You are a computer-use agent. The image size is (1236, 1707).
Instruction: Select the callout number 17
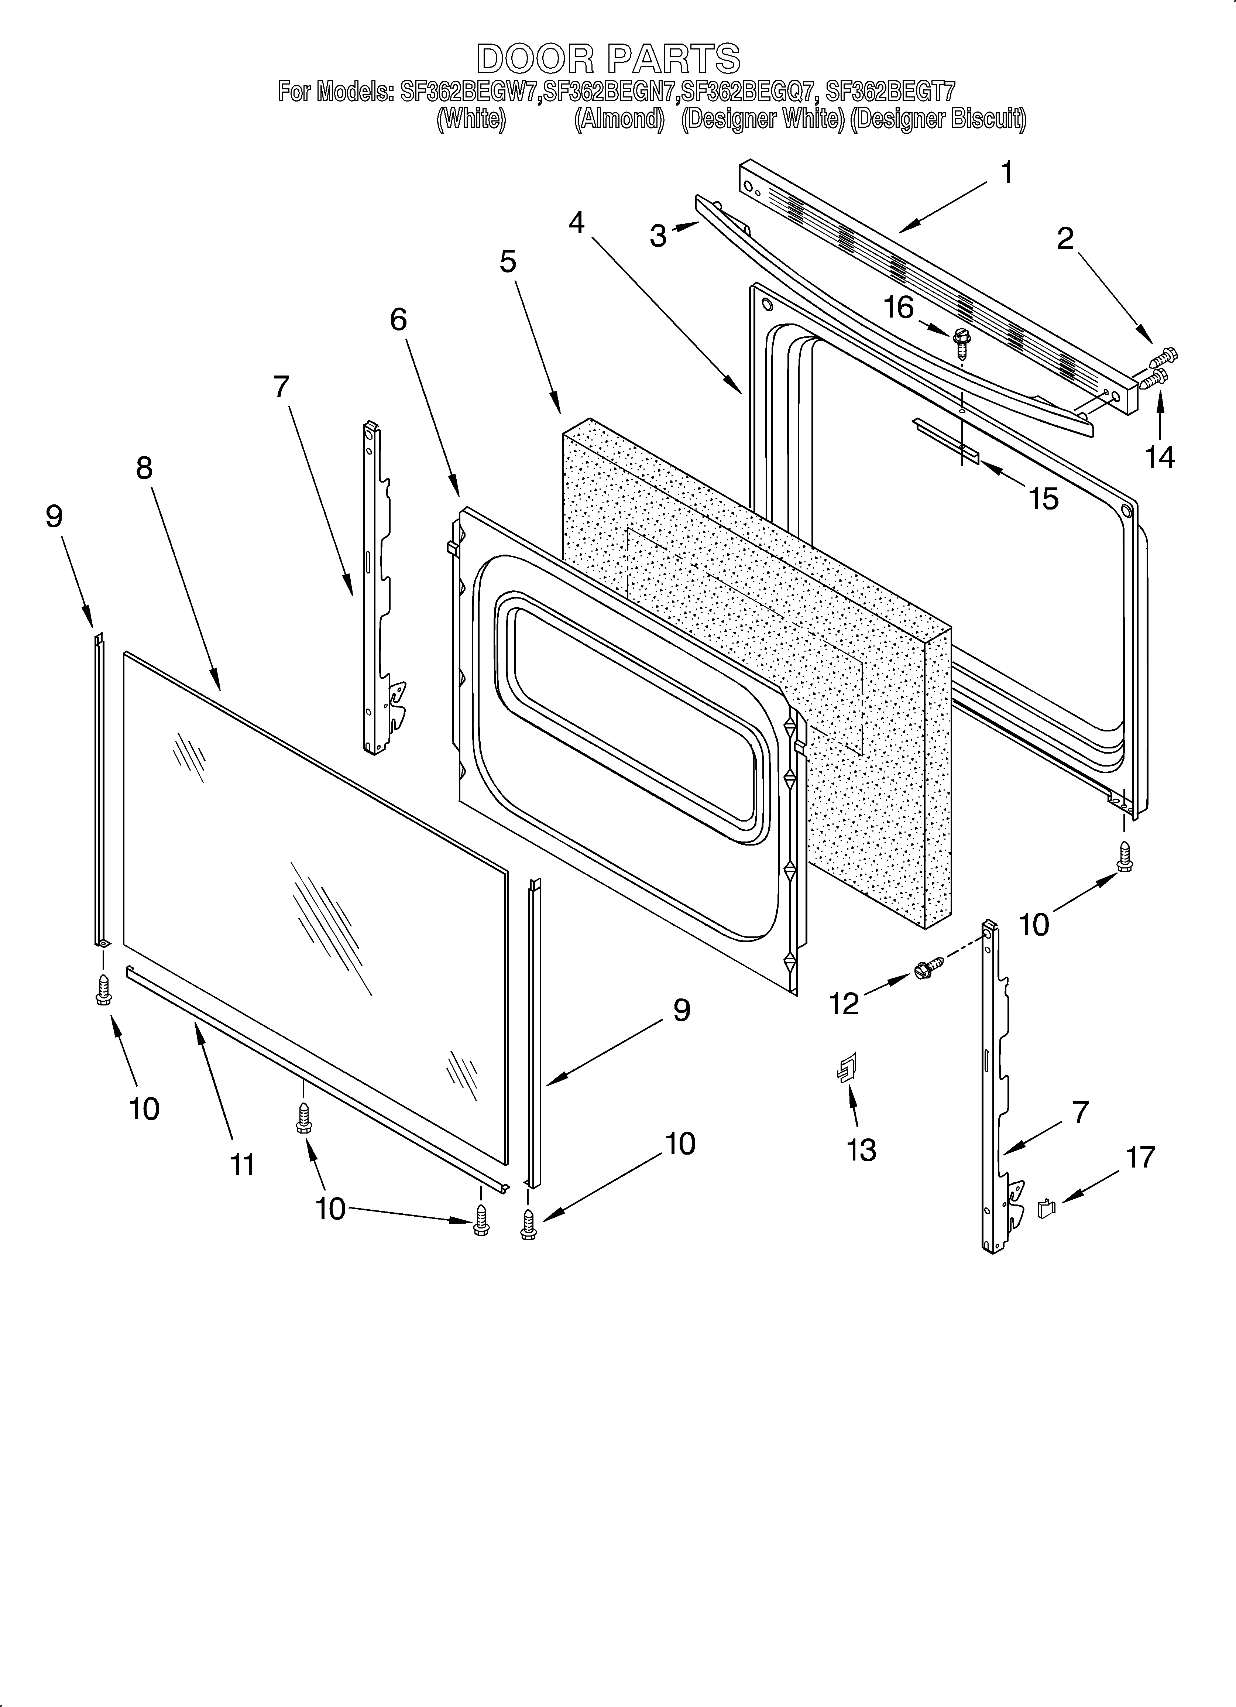click(x=1140, y=1157)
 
